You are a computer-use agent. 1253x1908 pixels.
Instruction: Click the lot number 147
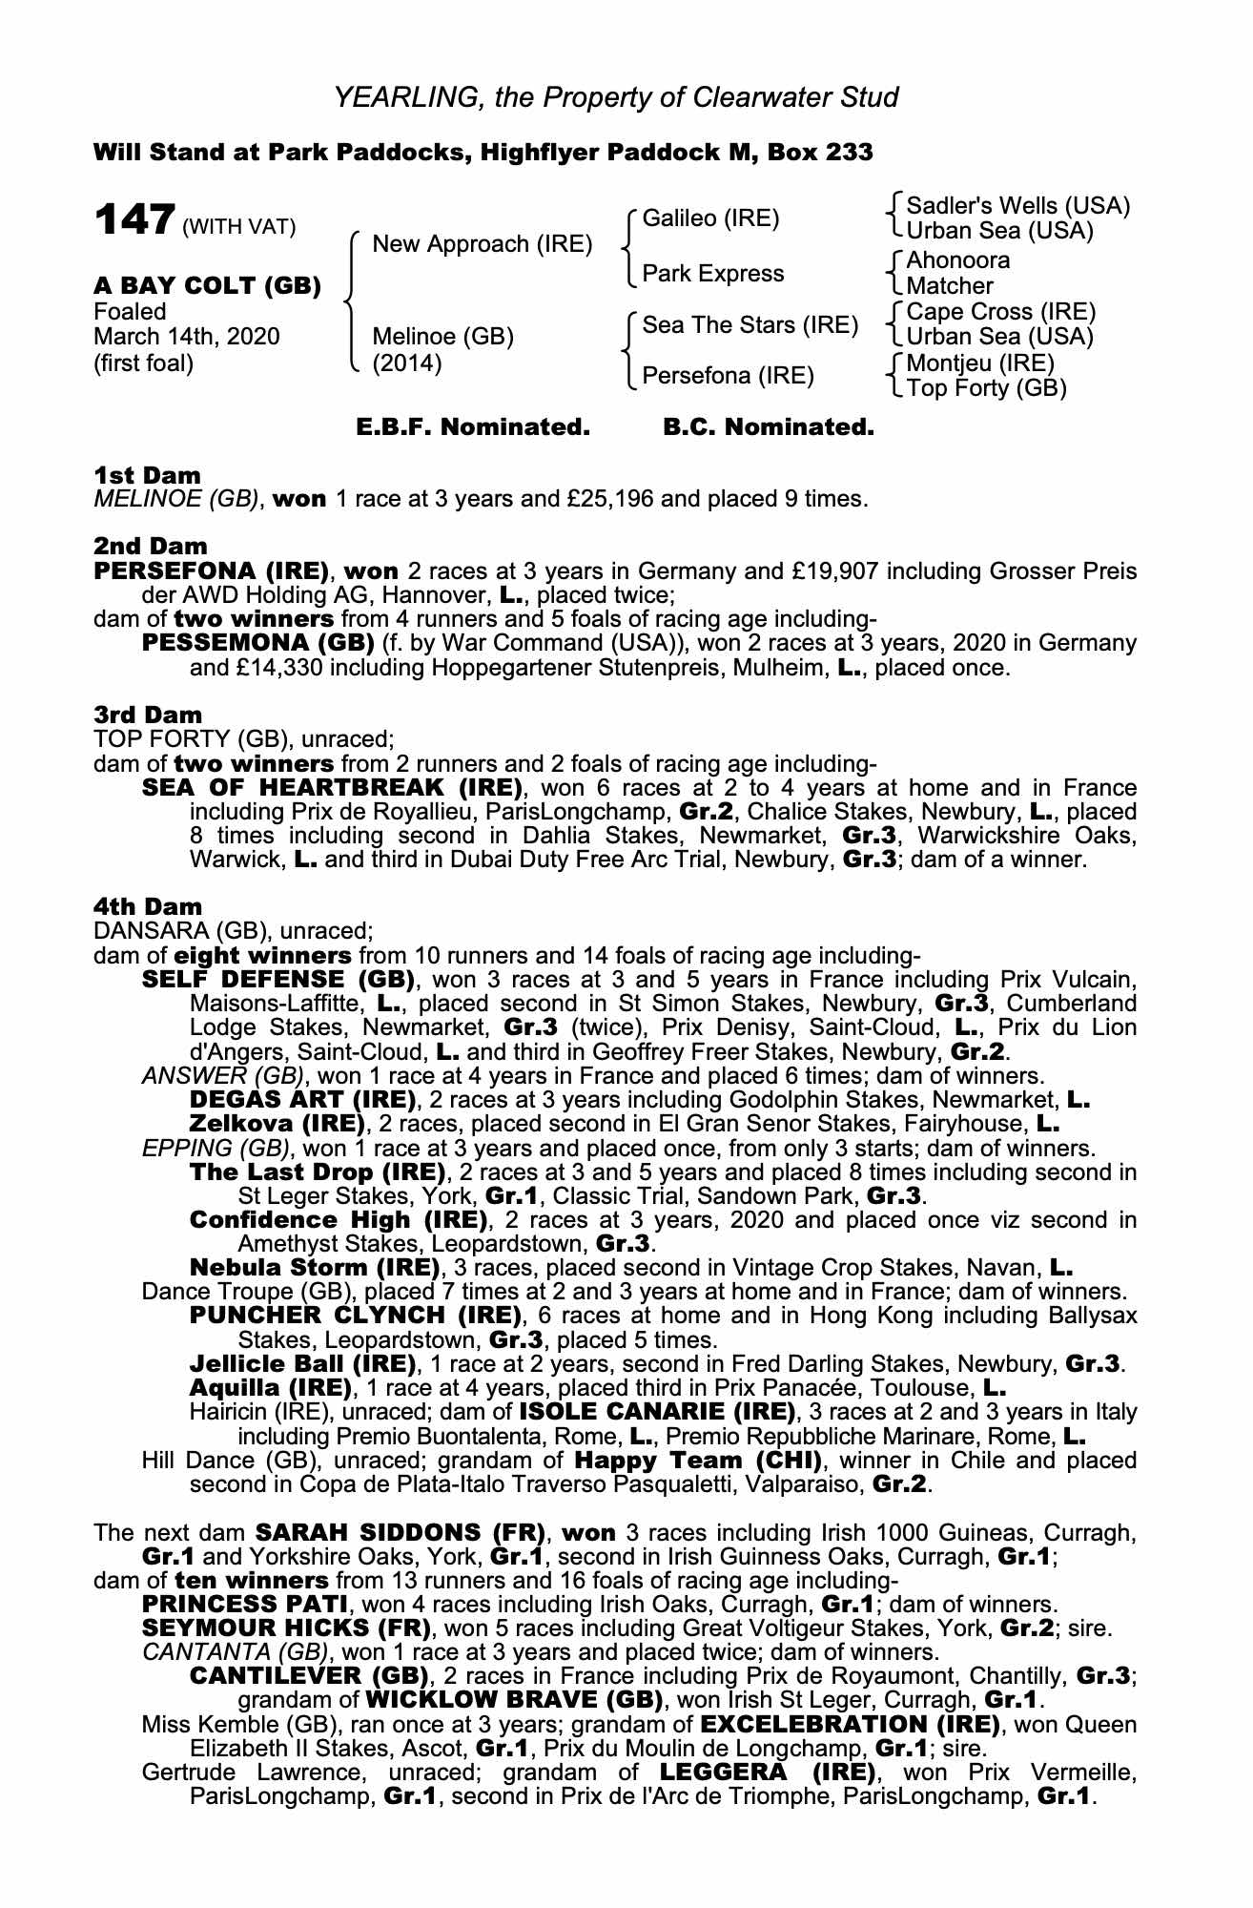134,220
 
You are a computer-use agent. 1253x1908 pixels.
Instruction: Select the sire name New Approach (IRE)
482,244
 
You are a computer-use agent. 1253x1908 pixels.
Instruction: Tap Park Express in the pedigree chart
712,274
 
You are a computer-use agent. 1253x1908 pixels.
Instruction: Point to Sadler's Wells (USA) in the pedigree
1017,206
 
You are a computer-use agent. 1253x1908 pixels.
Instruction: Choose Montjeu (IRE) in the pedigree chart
980,363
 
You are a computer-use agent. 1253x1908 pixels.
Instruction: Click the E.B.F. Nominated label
473,427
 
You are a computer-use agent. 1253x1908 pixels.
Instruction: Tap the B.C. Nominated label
768,427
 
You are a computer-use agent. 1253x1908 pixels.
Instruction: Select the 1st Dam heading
148,475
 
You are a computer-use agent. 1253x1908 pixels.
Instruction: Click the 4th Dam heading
148,906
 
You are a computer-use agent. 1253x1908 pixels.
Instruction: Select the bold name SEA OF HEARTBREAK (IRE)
332,788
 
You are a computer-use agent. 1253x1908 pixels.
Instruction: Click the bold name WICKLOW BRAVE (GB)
514,1700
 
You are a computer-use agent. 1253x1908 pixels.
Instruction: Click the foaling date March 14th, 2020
187,337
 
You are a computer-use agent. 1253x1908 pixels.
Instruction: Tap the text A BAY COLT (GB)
207,285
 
